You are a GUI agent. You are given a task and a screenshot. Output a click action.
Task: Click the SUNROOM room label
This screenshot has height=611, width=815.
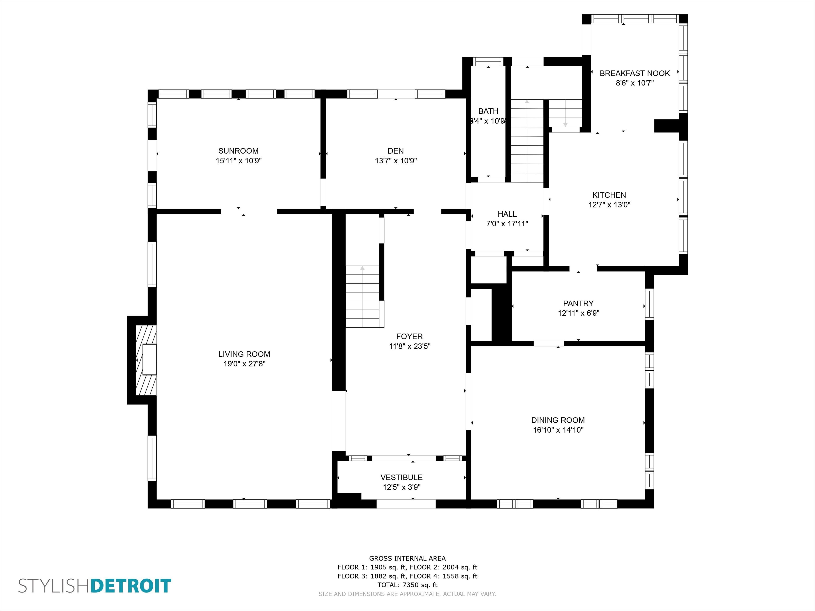[x=238, y=151]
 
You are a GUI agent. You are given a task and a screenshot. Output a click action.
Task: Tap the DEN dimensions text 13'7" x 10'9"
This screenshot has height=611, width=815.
[x=396, y=161]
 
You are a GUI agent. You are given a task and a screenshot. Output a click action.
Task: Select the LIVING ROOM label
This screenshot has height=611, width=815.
[x=244, y=354]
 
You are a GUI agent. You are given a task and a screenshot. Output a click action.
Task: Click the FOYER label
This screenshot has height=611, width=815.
[x=409, y=337]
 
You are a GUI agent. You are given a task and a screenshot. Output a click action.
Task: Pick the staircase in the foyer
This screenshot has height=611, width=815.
[x=363, y=296]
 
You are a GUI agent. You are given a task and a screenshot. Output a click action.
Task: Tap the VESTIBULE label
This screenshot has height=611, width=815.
[x=402, y=478]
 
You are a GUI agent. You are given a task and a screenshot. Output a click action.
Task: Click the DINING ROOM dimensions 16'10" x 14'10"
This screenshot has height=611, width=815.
[x=558, y=430]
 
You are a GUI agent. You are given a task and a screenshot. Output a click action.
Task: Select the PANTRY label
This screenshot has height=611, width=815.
[x=578, y=303]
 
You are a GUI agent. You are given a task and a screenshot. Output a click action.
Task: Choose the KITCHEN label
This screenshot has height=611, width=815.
[x=609, y=195]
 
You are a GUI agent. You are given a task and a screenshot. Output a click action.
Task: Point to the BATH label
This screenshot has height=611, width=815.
[x=488, y=111]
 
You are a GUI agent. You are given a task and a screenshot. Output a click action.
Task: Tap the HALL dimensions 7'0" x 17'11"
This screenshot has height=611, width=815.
[x=507, y=224]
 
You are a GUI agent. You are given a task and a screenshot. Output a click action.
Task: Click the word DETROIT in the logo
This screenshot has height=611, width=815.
[x=131, y=586]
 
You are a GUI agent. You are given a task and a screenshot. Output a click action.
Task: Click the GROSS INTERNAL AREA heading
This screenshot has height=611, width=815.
[x=407, y=558]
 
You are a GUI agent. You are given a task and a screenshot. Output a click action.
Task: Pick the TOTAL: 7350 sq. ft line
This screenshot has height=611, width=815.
[x=407, y=585]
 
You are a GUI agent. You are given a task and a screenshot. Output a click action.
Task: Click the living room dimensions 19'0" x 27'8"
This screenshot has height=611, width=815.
[x=244, y=364]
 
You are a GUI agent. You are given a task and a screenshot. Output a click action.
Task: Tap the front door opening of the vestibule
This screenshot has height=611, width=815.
[x=406, y=504]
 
